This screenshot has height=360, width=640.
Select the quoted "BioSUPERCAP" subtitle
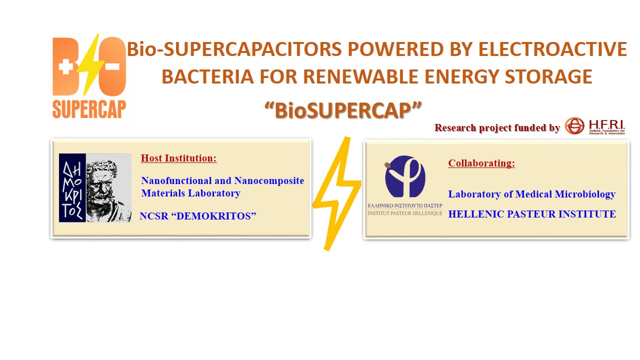pos(343,110)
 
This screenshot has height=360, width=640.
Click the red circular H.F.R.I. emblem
pos(574,126)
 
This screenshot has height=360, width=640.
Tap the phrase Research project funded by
pos(497,128)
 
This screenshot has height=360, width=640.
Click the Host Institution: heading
pos(178,158)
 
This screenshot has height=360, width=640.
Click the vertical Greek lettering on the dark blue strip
pos(72,187)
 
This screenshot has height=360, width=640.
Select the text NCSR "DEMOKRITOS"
pos(198,216)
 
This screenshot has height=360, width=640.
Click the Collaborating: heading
pos(481,163)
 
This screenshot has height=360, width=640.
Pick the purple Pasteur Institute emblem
pos(405,177)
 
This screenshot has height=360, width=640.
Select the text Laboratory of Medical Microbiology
pos(531,194)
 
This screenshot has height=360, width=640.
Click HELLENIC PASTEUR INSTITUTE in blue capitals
pos(532,214)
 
